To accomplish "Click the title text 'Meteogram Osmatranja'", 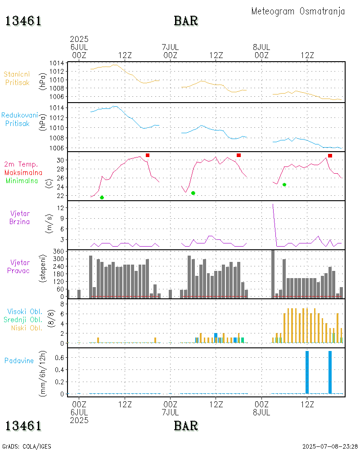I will (298, 11).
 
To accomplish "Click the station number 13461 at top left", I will (23, 21).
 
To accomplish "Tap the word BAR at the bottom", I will (186, 426).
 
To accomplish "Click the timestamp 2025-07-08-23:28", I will (330, 446).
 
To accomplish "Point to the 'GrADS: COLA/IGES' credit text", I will (27, 446).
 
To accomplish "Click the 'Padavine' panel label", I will (19, 360).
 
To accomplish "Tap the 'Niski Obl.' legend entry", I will (27, 328).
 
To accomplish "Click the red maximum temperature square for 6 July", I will (148, 155).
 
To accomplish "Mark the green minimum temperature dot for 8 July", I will (284, 184).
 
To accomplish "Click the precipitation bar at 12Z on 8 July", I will (307, 372).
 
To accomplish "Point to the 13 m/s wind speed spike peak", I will (273, 204).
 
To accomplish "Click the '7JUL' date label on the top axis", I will (170, 47).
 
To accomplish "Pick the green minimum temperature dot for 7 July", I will (193, 193).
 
